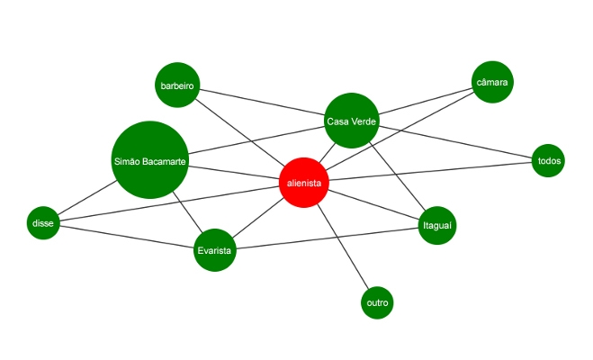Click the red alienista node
[x=303, y=183]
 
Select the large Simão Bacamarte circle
[x=149, y=160]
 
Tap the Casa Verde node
[x=351, y=121]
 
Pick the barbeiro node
[x=177, y=85]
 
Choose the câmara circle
[x=492, y=82]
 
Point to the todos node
[x=548, y=161]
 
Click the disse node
[x=43, y=222]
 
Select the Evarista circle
[x=215, y=250]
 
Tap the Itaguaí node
[x=437, y=225]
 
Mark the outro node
[x=377, y=302]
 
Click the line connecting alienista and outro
[x=343, y=247]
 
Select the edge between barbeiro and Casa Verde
[x=262, y=102]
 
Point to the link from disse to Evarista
[x=127, y=237]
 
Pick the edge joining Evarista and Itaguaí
[x=328, y=238]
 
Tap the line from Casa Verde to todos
[x=455, y=142]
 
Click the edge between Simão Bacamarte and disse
[x=86, y=198]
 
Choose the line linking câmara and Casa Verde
[x=426, y=101]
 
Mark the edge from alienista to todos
[x=430, y=171]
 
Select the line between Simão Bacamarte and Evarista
[x=188, y=211]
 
